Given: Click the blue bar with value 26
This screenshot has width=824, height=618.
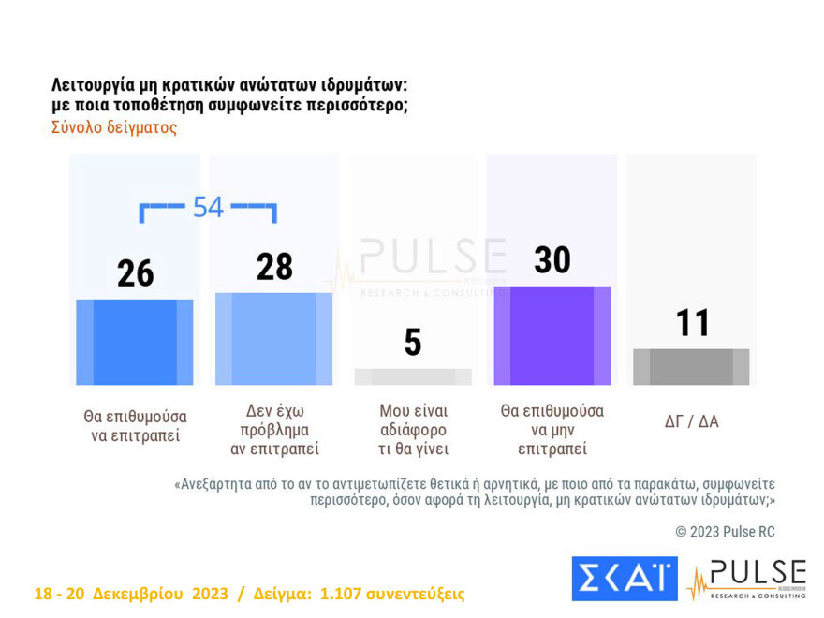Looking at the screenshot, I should [135, 342].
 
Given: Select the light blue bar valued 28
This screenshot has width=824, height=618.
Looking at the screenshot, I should [273, 339].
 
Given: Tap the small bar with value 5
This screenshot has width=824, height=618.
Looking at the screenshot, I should [413, 376].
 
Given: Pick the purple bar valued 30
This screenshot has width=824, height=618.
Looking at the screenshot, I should [552, 335].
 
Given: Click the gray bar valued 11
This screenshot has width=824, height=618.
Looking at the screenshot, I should [691, 366].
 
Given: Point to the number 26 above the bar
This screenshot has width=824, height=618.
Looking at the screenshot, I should [136, 273].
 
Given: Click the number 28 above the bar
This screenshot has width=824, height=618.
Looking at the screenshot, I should [274, 267].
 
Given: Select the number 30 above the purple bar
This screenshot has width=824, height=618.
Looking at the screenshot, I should [552, 260].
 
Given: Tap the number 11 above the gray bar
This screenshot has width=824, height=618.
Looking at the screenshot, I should [692, 323].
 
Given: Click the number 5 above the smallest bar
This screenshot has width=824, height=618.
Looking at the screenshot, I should [413, 343].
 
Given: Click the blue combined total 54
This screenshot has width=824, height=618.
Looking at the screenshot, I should [208, 207].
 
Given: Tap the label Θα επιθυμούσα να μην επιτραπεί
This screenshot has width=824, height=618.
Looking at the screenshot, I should [552, 430].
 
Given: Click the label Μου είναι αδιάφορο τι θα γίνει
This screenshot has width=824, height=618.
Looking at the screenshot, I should [413, 430].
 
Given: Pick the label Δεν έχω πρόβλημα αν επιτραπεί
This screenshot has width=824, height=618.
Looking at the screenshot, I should [274, 430].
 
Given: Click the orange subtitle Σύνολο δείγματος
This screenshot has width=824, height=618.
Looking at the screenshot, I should [114, 127].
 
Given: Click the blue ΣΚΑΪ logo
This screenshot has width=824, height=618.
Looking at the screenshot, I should [624, 579].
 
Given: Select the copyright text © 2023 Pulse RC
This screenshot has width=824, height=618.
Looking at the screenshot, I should [725, 532].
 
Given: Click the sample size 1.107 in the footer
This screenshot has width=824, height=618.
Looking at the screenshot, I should [344, 595].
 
